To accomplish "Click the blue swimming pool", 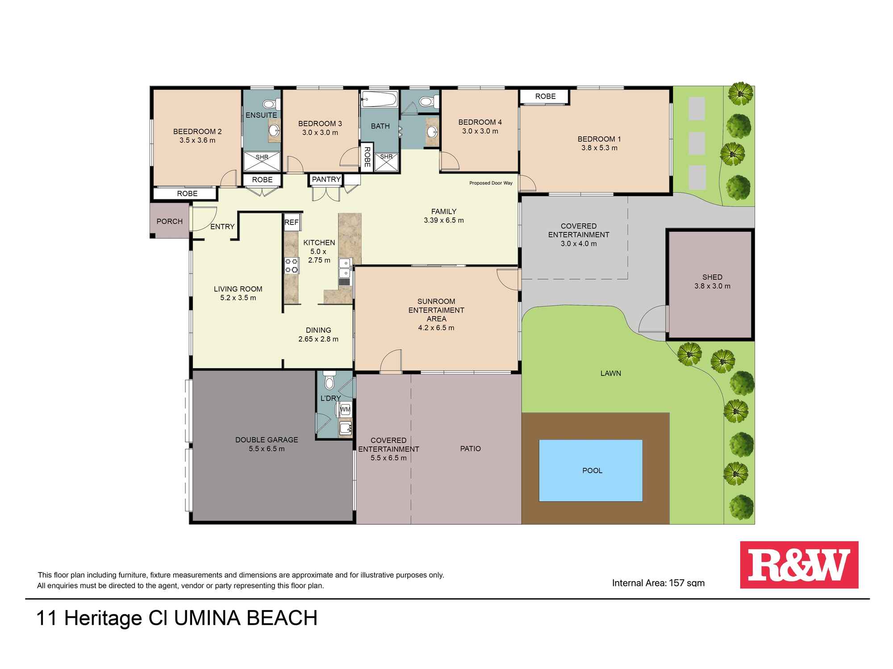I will coord(591,471).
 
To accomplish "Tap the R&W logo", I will coord(799,565).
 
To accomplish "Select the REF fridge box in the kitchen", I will coord(292,222).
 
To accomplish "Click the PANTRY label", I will coord(326,179).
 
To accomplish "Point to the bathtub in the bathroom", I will coord(379,99).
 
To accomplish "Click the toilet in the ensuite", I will coord(270,104).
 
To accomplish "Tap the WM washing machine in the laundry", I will coord(345,409).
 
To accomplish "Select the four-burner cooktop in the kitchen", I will coord(292,265).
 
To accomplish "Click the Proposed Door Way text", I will coord(491,183).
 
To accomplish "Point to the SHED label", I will coord(712,277).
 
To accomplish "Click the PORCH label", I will coord(170,221).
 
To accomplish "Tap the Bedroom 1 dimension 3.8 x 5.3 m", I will coord(599,148).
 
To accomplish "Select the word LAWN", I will coord(610,373).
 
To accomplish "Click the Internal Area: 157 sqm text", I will coord(658,582).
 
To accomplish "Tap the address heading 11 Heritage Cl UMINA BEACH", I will coord(177,618).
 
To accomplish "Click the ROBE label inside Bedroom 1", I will coord(545,96).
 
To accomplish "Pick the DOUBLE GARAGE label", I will coord(267,440).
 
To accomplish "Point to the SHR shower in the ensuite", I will coord(262,161).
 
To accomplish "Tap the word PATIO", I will coord(471,449).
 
